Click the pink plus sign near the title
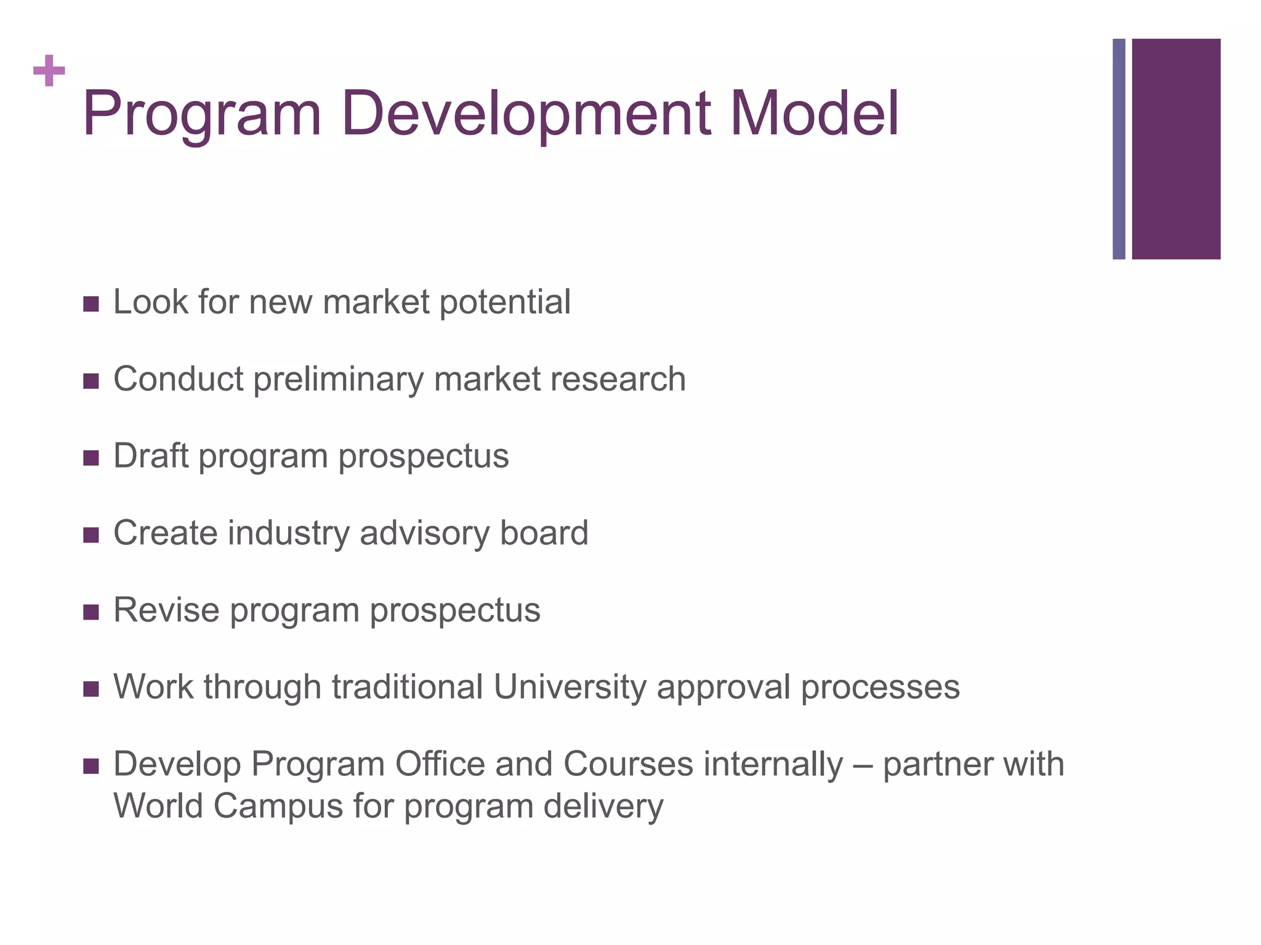[49, 71]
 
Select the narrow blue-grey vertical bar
[1119, 149]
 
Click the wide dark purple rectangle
[1176, 149]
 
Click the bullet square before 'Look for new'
[91, 304]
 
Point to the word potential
[505, 303]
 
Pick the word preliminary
[338, 380]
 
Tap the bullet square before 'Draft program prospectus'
[91, 458]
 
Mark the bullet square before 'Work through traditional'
[91, 688]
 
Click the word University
[570, 687]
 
